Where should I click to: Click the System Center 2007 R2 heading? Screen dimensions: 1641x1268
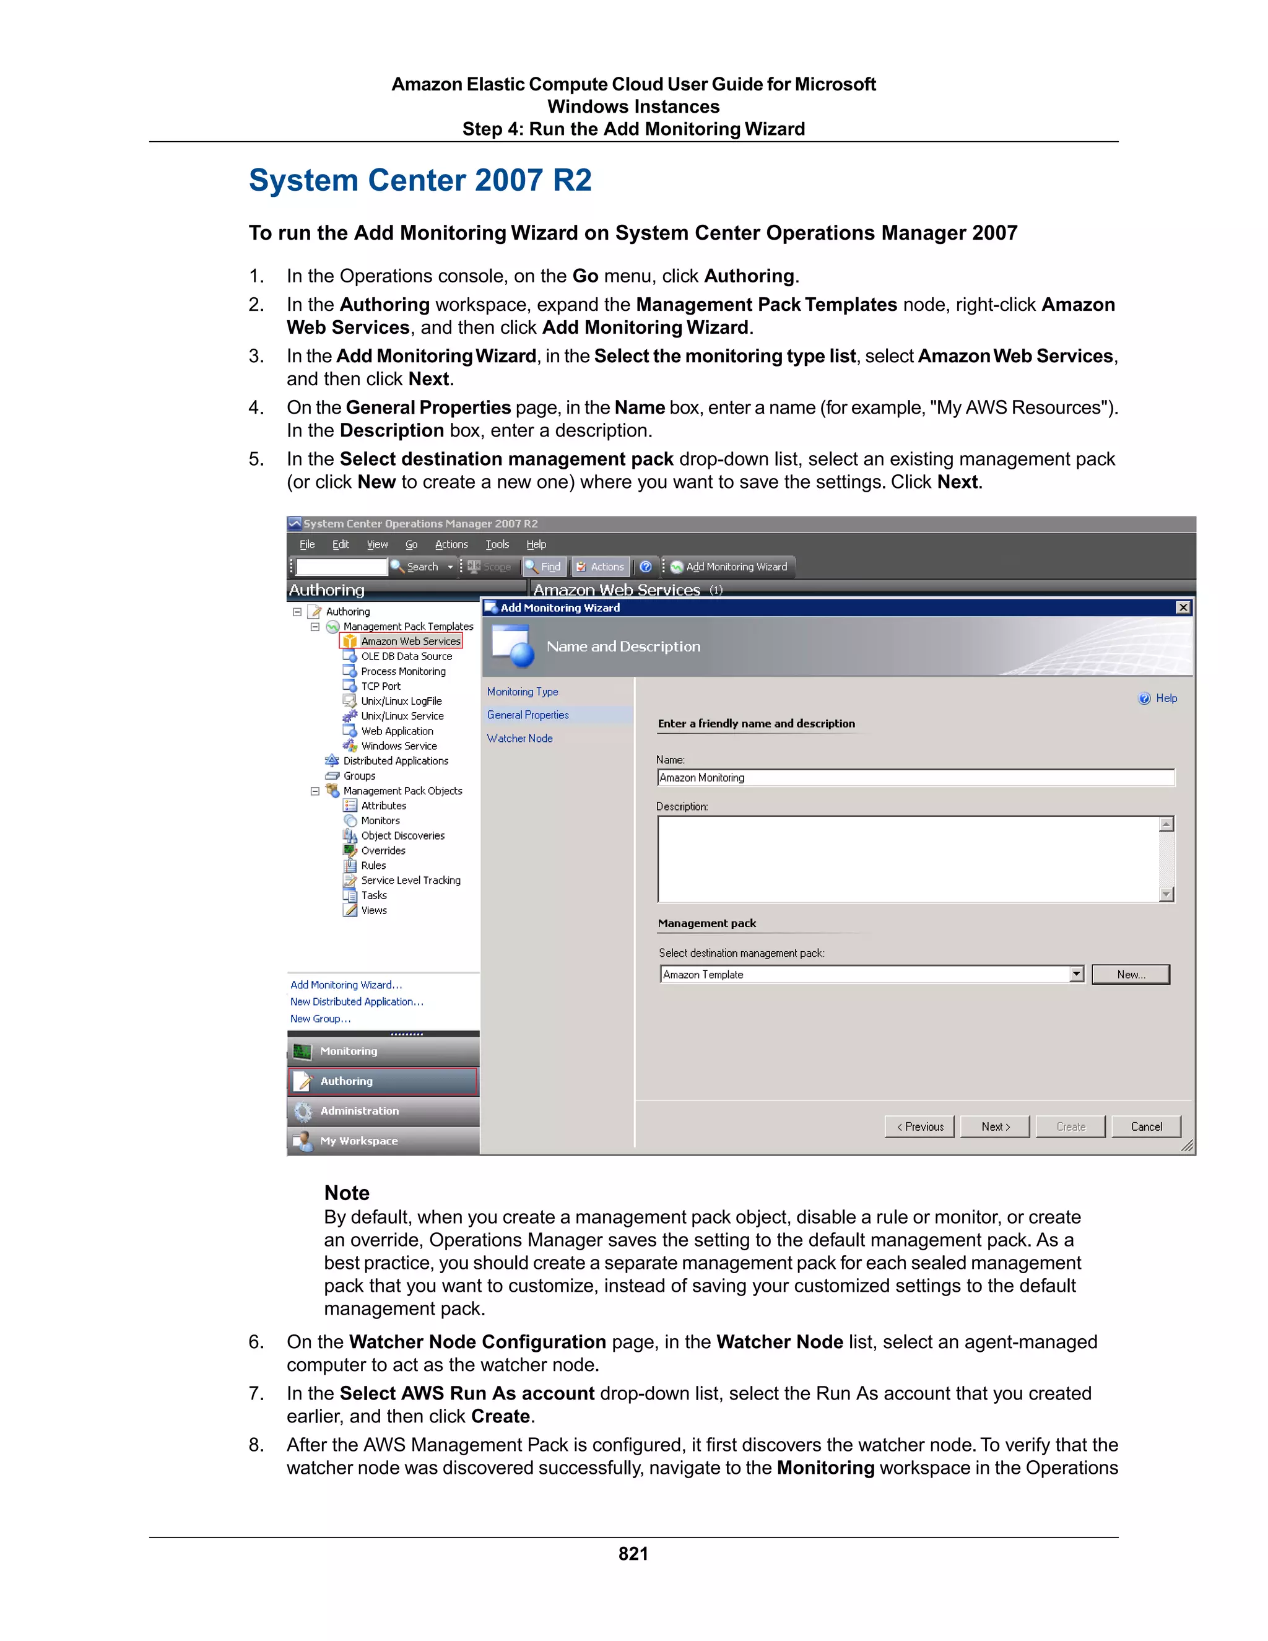[420, 180]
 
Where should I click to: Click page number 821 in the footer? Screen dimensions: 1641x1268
[633, 1553]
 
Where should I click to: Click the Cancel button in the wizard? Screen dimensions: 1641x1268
[1145, 1126]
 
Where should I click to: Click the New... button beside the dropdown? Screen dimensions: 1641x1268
[1130, 975]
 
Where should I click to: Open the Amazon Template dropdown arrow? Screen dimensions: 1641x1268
[1077, 975]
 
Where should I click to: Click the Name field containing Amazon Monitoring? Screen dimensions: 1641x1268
[914, 778]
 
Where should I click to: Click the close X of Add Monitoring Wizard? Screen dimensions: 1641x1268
[1183, 607]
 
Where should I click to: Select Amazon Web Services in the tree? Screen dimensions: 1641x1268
[410, 641]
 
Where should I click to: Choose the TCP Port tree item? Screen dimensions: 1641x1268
[381, 686]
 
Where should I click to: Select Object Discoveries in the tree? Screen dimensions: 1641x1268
[402, 835]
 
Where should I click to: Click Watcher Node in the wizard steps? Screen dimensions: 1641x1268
[520, 739]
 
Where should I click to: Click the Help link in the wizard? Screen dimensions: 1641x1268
[1165, 698]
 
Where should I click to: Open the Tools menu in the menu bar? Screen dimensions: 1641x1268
[497, 545]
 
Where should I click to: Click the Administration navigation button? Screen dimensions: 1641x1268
[359, 1110]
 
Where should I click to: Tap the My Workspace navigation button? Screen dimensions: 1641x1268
[359, 1141]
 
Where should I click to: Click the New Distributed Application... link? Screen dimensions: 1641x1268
[357, 1001]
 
